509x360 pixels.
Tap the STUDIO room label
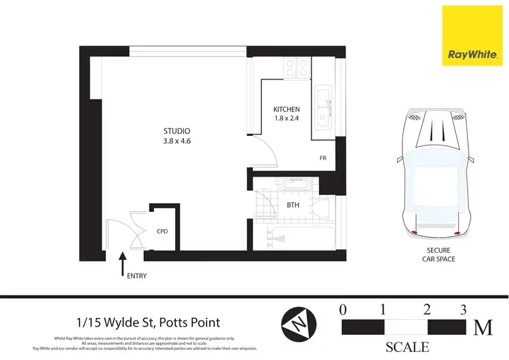(176, 131)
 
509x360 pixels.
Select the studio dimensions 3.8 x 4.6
(176, 141)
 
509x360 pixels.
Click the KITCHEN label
(286, 109)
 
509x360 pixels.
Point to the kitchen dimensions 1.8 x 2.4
(286, 120)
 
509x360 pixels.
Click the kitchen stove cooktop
(297, 68)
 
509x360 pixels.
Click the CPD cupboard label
(162, 231)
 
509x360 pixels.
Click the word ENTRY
(135, 276)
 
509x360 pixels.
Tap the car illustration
(434, 173)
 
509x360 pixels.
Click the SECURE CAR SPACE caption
(434, 255)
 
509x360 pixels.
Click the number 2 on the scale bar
(426, 310)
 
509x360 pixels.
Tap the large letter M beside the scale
(483, 327)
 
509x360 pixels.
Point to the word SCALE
(407, 347)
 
